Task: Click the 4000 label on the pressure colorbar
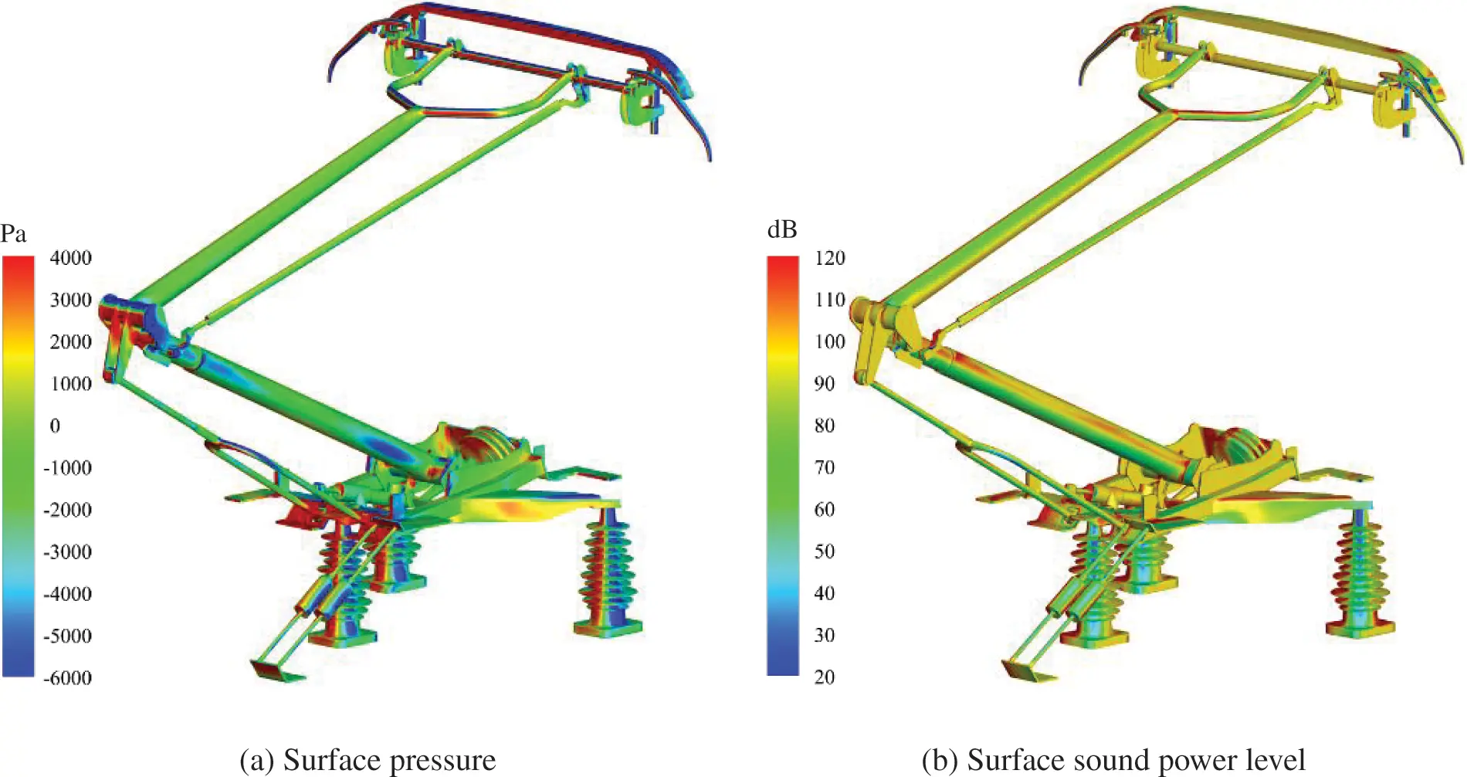click(x=70, y=258)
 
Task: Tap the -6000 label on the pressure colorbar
click(x=67, y=678)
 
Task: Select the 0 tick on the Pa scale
click(x=55, y=426)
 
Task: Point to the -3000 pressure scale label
click(x=67, y=552)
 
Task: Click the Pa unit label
click(x=13, y=233)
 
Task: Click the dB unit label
click(x=781, y=230)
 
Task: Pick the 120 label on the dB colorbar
click(x=830, y=258)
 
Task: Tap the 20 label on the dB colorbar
click(x=825, y=677)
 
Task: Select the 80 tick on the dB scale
click(x=825, y=426)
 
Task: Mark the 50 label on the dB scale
click(x=825, y=551)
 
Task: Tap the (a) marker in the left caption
click(x=257, y=760)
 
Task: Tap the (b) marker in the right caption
click(x=940, y=760)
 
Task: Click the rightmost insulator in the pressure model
click(x=608, y=572)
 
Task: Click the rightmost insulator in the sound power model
click(x=1360, y=572)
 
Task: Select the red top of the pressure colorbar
click(x=18, y=266)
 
